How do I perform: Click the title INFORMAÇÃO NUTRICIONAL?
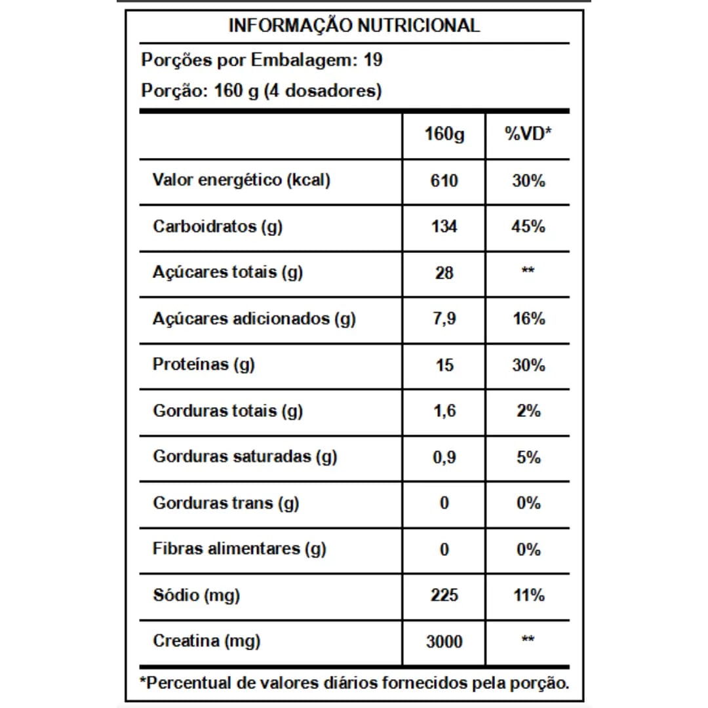pos(354,26)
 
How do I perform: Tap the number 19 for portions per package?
pos(372,60)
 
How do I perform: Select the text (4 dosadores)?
pos(323,90)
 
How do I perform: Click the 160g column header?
pos(444,134)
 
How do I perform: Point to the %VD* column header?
pos(528,134)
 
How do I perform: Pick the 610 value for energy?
pos(444,180)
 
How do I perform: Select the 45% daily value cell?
pos(528,227)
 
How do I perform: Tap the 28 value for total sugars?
pos(444,273)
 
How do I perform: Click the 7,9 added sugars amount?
pos(444,319)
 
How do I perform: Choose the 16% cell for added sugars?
pos(528,319)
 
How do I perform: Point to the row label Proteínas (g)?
pos(203,364)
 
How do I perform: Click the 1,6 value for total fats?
pos(444,411)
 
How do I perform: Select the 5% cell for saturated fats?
pos(528,457)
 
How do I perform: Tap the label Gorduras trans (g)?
pos(226,503)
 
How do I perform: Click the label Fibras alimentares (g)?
pos(239,549)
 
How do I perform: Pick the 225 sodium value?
pos(444,595)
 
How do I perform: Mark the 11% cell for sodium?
pos(528,595)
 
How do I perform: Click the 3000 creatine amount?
pos(444,642)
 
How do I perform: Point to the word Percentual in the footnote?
pos(187,683)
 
